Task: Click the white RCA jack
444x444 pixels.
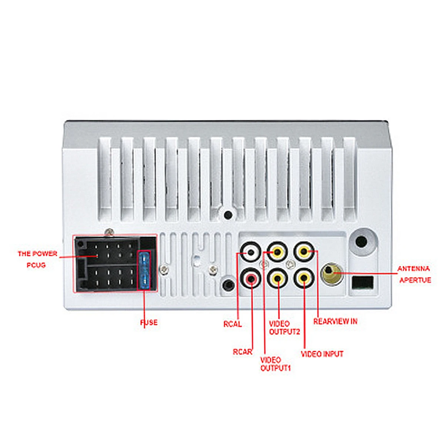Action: pos(250,253)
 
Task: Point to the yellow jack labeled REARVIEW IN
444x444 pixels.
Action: pos(304,252)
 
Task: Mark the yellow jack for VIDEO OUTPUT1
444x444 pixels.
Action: pos(277,252)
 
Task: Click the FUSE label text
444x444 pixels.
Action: pos(149,323)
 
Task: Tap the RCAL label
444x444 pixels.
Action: pos(232,324)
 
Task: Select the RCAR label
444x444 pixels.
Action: pos(242,352)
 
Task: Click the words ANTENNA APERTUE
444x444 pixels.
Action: pos(414,274)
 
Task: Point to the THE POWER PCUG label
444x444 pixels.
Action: pos(37,259)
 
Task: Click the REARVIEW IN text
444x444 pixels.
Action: pos(335,321)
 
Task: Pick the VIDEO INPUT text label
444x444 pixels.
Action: pos(322,354)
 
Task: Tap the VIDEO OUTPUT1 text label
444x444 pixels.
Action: pos(276,364)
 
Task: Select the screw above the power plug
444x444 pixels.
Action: pos(109,232)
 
